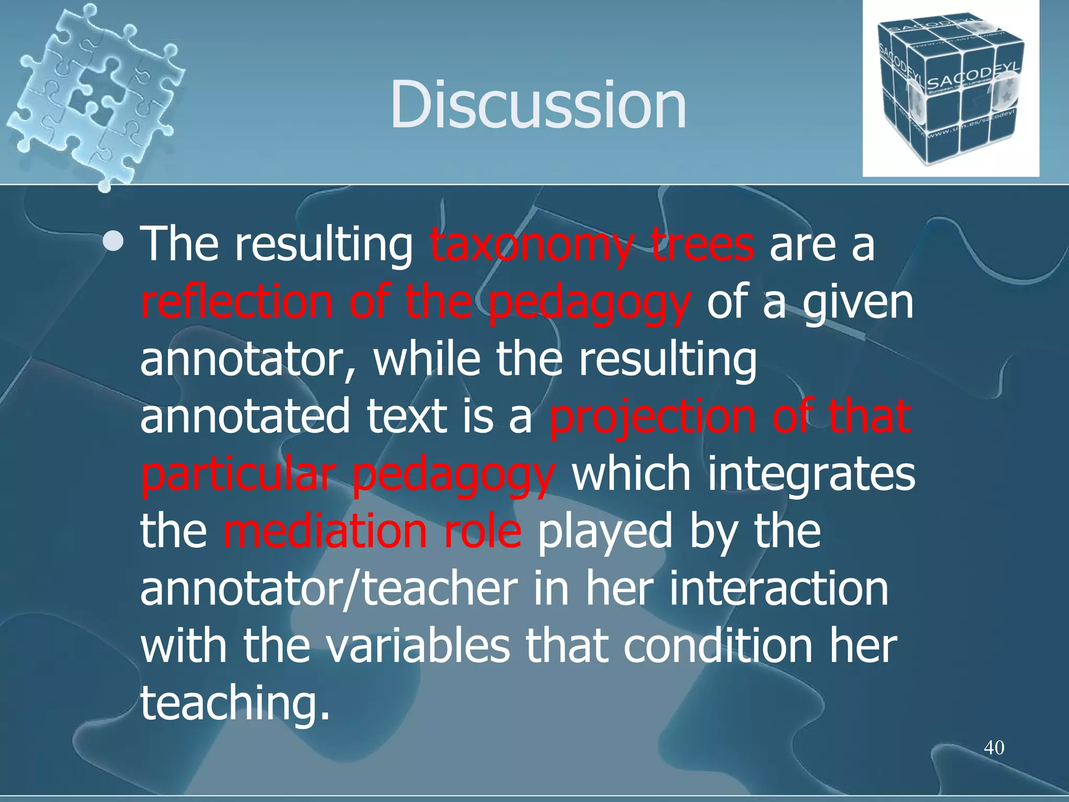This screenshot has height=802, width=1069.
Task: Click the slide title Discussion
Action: click(x=538, y=104)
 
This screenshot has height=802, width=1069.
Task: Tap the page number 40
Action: click(x=994, y=748)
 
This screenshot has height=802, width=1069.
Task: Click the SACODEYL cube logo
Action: click(x=950, y=89)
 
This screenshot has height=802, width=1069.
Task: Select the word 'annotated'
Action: click(x=245, y=417)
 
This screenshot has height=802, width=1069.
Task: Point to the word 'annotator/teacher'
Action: click(x=329, y=589)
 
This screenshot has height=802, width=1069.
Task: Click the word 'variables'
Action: click(x=418, y=646)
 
